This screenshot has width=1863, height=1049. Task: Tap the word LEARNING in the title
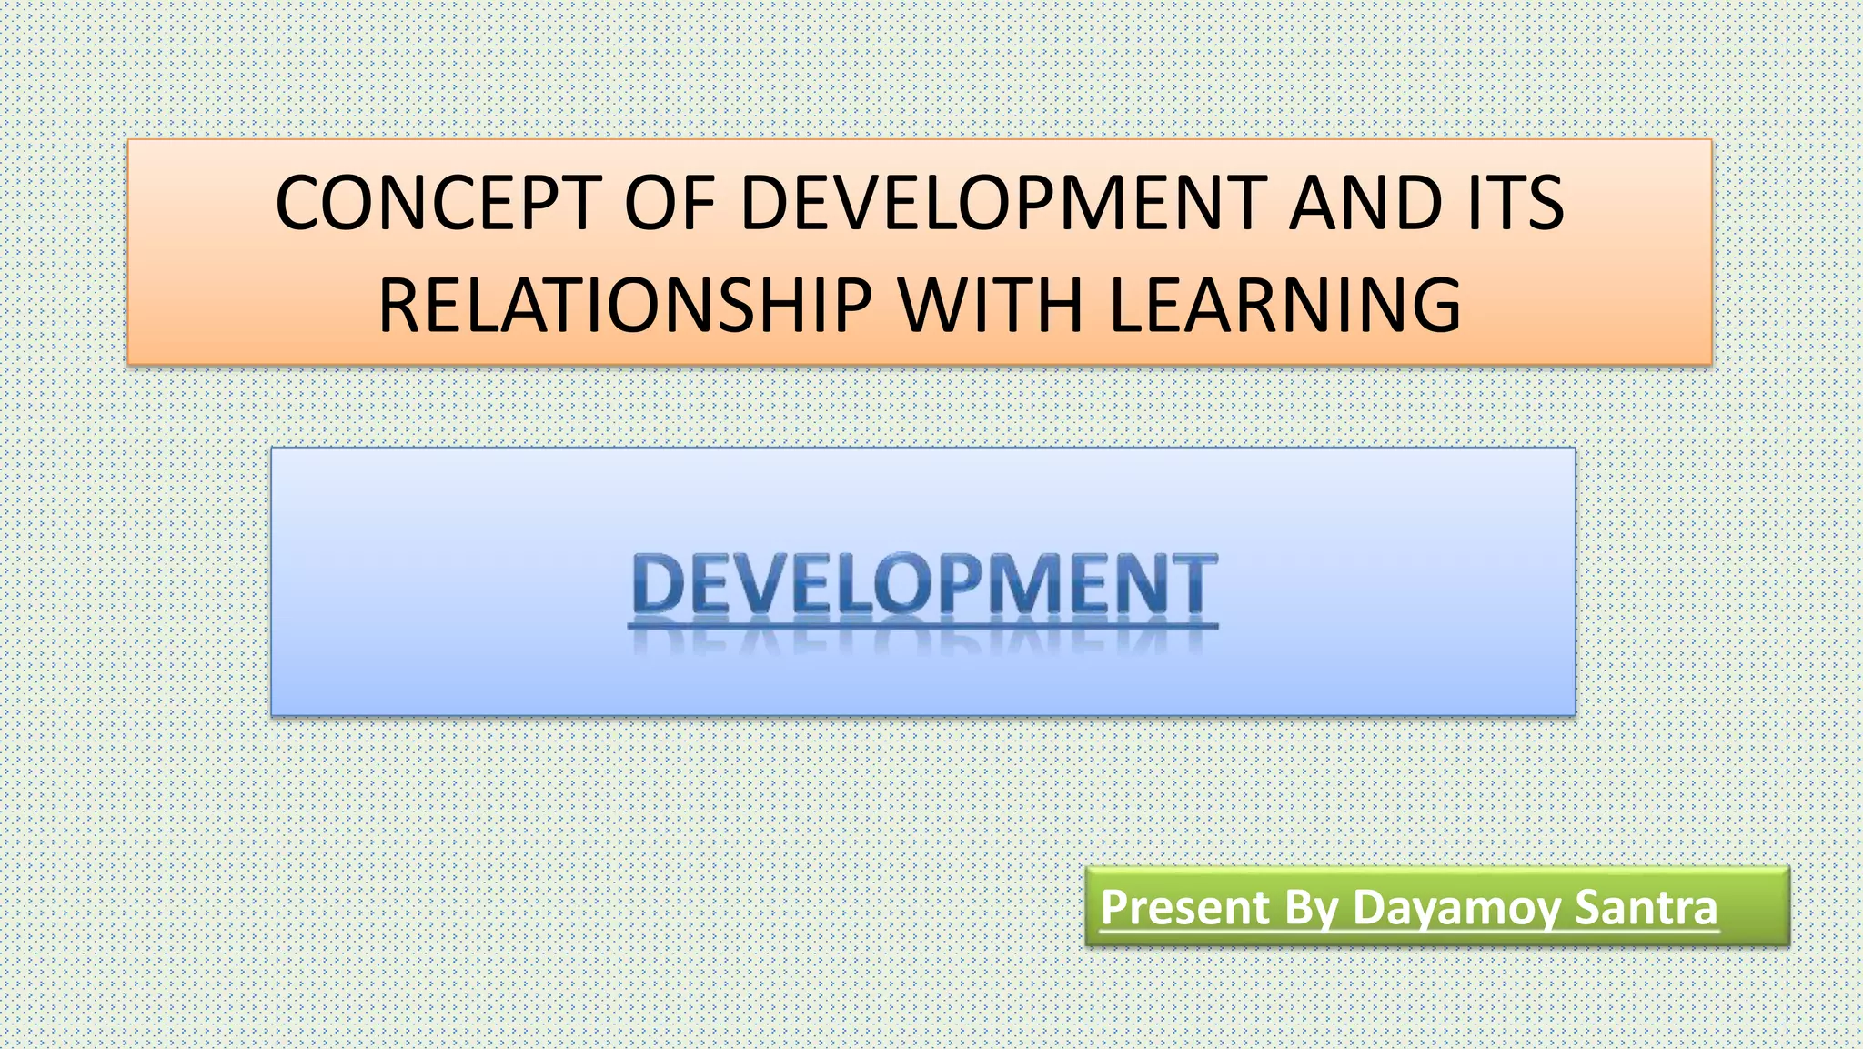tap(1284, 305)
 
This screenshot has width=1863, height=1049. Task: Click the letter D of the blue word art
tap(658, 584)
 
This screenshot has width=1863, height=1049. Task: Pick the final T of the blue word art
tap(1193, 584)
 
